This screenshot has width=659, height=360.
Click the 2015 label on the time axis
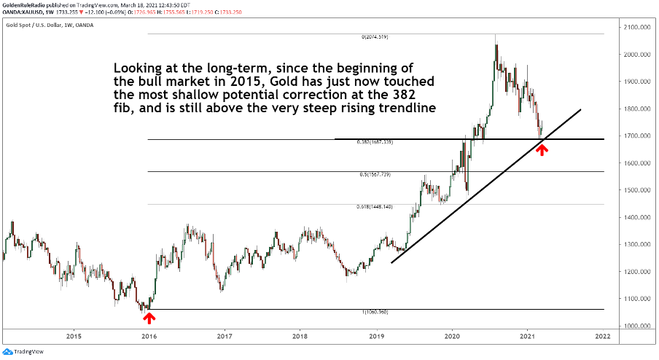click(73, 337)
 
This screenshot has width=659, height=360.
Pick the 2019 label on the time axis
click(376, 337)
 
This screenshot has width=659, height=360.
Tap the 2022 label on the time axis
click(602, 337)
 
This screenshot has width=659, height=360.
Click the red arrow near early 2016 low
click(149, 317)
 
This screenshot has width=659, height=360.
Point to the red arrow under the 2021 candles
click(542, 149)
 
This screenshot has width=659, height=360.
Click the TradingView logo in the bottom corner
click(23, 351)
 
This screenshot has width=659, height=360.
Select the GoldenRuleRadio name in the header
click(27, 5)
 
